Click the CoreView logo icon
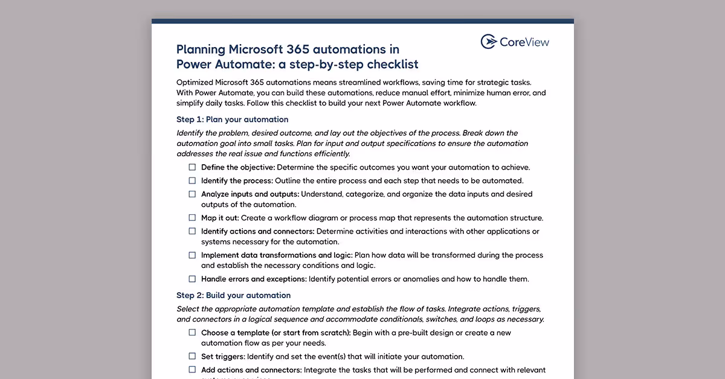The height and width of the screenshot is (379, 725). (489, 42)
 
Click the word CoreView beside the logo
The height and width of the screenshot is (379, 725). (524, 42)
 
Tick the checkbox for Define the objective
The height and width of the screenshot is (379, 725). (192, 167)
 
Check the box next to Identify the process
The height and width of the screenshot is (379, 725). (192, 180)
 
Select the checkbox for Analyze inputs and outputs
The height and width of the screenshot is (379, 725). (192, 194)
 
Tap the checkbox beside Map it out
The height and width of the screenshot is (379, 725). (192, 218)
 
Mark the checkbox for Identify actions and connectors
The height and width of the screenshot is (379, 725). (192, 231)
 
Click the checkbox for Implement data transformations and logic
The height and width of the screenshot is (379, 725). (192, 255)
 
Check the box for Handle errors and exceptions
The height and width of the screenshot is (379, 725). (192, 279)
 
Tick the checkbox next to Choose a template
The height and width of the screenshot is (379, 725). (192, 333)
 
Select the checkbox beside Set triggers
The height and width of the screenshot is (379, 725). (192, 356)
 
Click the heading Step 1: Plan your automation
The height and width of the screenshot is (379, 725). (232, 119)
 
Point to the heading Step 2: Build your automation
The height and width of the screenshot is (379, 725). (233, 295)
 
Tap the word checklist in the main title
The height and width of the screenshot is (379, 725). (390, 64)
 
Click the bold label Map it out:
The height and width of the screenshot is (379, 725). (220, 218)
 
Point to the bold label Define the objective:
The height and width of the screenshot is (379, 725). (238, 167)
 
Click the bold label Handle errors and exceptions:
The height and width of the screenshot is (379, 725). (254, 279)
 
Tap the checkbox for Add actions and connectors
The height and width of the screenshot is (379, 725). (192, 370)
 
